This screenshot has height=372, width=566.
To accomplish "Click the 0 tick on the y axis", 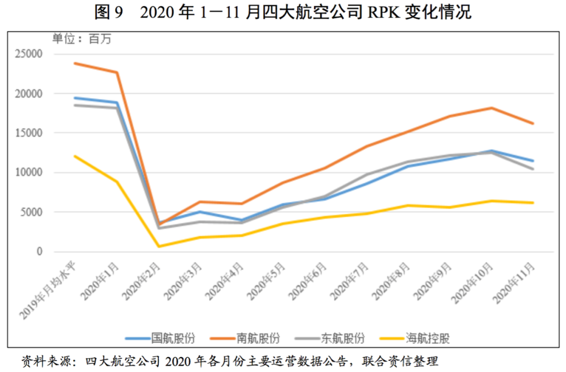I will (x=39, y=251).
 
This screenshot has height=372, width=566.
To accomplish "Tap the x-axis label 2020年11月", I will (x=516, y=283).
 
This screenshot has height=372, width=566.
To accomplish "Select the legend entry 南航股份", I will (x=258, y=338).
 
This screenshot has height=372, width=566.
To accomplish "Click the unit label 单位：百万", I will (x=82, y=38).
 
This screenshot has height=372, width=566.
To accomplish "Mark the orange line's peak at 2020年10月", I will (x=491, y=108).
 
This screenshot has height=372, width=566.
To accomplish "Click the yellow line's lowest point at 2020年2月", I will (x=159, y=247).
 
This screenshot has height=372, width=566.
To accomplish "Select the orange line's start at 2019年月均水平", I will (x=75, y=63).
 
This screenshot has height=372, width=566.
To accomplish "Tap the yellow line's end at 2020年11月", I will (x=532, y=203).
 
